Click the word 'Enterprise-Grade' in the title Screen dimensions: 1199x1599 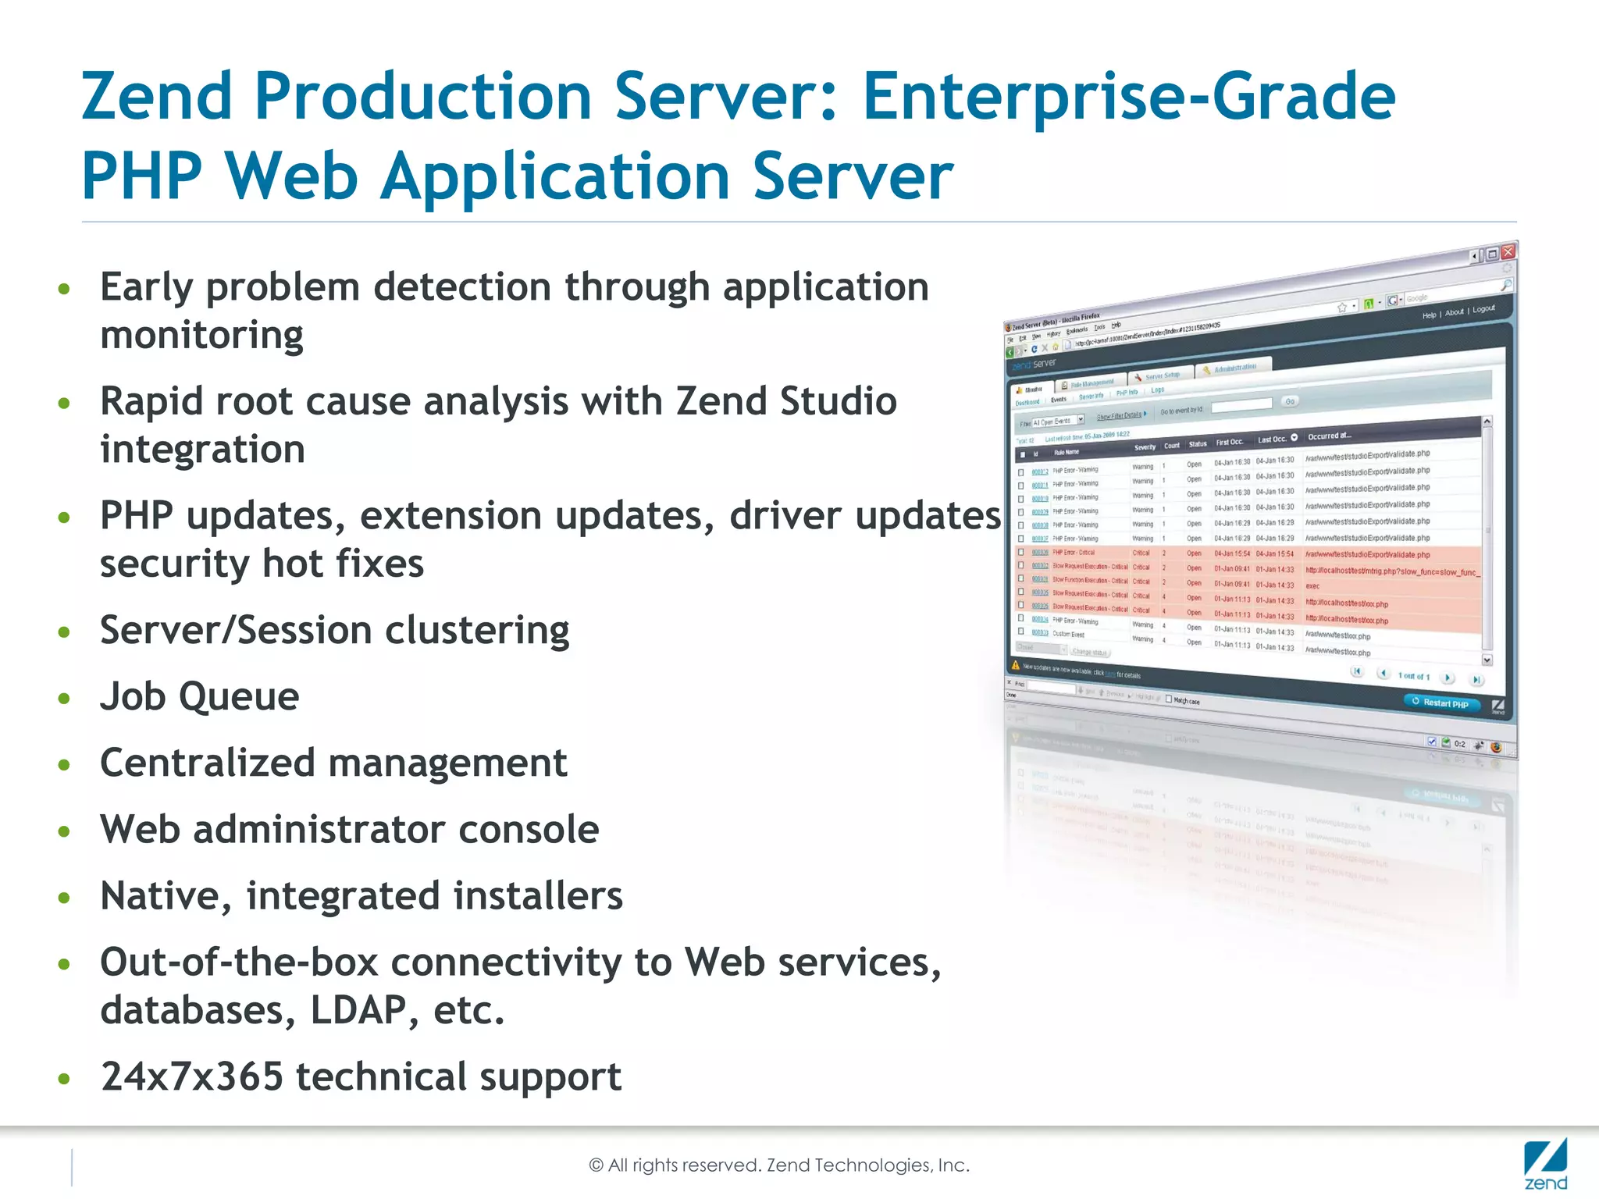pos(1128,97)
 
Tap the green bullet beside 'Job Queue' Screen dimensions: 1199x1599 pos(64,698)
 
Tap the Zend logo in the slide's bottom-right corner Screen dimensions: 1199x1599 pos(1545,1165)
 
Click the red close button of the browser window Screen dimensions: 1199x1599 pos(1508,251)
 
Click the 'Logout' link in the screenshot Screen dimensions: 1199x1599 pos(1483,309)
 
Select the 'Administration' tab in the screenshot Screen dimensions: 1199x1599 pos(1235,367)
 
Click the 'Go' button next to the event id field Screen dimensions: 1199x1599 pos(1290,401)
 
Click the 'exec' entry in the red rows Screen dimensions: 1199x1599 pos(1312,586)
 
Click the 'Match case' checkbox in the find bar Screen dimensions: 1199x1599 pos(1169,699)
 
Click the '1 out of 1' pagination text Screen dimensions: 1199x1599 pos(1413,676)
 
